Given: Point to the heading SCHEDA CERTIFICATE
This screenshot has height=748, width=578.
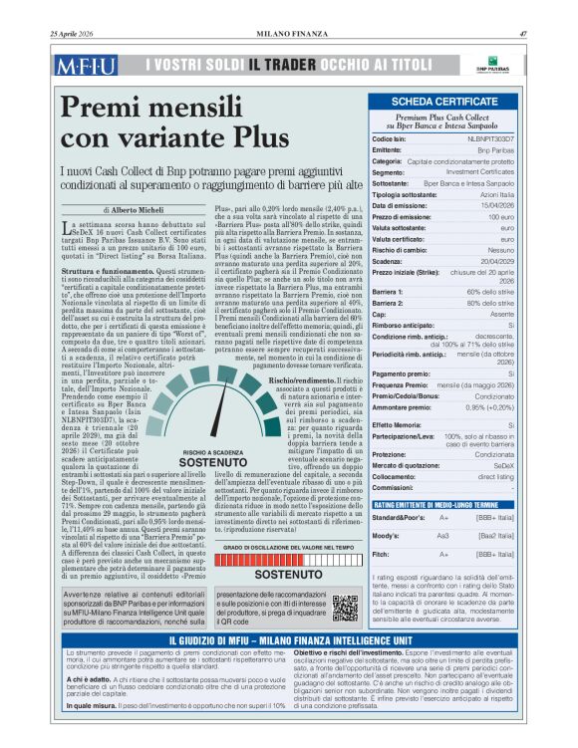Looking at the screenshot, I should (x=444, y=102).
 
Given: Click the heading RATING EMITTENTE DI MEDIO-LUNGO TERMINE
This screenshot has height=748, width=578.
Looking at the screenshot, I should (x=431, y=505).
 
